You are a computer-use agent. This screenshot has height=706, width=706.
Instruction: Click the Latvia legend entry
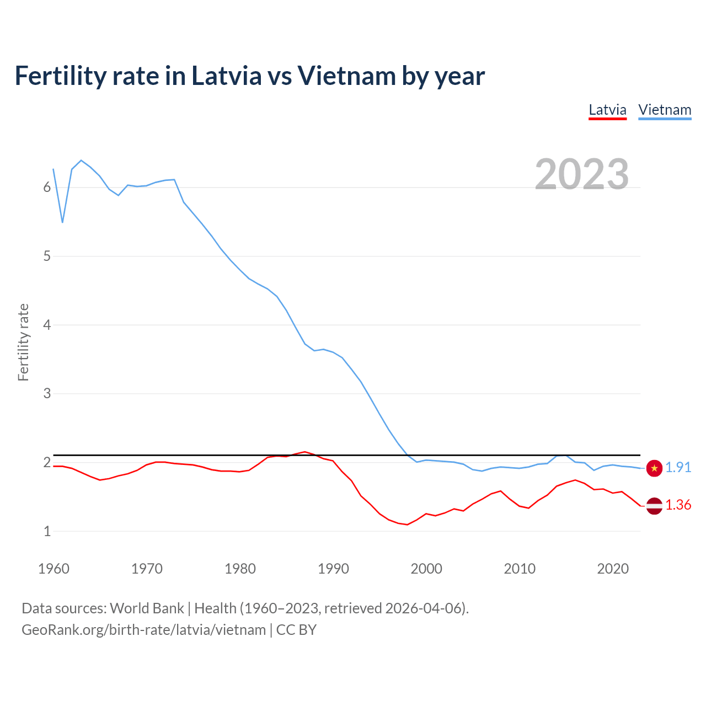pos(607,110)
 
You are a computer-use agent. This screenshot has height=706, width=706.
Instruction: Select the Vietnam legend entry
pos(665,110)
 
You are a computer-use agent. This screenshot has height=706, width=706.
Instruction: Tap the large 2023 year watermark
pos(581,174)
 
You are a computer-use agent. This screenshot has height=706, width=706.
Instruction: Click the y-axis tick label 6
pos(47,188)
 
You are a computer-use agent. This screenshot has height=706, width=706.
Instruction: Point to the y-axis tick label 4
pos(47,325)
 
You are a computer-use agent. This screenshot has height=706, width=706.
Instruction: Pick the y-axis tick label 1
pos(47,531)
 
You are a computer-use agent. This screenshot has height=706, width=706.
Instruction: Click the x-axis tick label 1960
pos(54,569)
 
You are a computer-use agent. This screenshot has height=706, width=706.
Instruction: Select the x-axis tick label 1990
pos(333,569)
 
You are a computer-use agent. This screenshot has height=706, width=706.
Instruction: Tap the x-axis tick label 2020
pos(613,569)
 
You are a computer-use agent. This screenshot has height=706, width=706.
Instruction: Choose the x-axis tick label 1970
pos(147,569)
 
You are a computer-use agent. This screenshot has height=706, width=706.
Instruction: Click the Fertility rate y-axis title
pos(23,342)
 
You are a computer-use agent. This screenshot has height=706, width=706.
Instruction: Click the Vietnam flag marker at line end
pos(654,468)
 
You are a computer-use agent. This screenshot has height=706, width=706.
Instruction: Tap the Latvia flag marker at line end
pos(654,506)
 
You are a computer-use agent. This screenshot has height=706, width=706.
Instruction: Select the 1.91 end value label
pos(678,468)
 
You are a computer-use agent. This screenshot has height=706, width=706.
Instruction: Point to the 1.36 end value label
pos(678,505)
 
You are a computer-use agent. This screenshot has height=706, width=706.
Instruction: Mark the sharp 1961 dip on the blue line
pos(63,222)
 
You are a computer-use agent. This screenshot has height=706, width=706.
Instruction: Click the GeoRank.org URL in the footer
pos(143,630)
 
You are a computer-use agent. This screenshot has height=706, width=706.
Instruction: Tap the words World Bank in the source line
pos(147,608)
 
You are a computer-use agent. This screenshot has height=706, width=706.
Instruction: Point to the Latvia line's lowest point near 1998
pos(408,525)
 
